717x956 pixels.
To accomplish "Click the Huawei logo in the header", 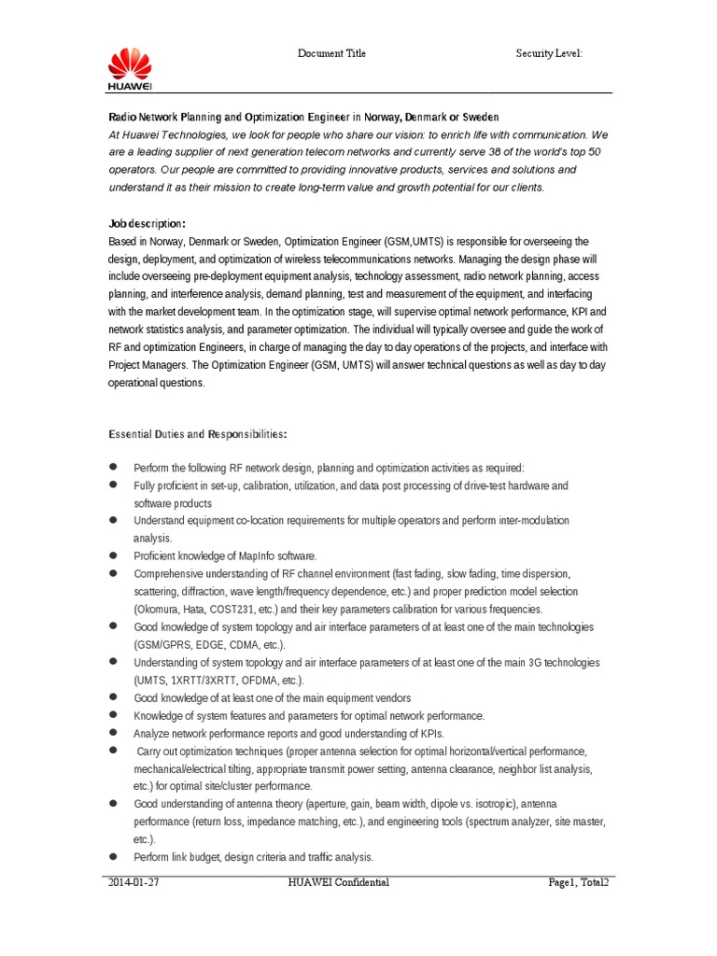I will (x=130, y=70).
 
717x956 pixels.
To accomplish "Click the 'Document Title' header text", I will (x=331, y=54).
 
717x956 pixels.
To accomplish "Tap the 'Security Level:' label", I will (x=549, y=54).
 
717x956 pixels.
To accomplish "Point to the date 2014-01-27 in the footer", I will (x=133, y=882).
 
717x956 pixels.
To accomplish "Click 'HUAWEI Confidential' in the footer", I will (x=340, y=882).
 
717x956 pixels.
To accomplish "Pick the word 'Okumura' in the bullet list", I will (x=159, y=609).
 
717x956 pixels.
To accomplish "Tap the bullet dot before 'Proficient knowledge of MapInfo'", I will (x=113, y=555).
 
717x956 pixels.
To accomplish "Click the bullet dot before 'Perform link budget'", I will (x=113, y=856).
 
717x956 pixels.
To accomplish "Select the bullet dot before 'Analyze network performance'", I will (x=113, y=732).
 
